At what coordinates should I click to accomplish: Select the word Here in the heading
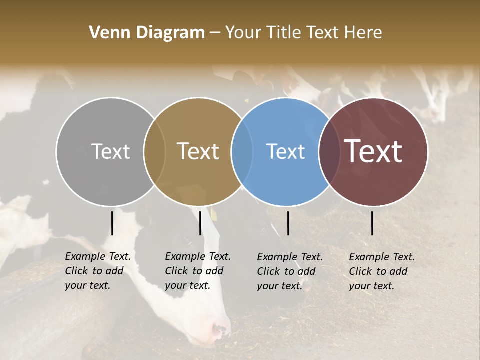point(364,33)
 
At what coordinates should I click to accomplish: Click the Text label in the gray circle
point(110,151)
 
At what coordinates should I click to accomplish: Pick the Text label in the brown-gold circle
point(198,151)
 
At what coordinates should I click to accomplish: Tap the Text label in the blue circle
point(285,151)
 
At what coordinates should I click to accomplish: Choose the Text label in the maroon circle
point(373,151)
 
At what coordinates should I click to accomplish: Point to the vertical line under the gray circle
point(112,223)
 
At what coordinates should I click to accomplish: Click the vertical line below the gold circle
point(200,223)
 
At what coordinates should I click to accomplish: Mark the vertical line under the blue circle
point(288,223)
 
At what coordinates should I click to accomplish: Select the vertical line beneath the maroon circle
point(372,223)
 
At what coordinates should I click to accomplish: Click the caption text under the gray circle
point(97,271)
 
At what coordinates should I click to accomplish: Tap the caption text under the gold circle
point(197,271)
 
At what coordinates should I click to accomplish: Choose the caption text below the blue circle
point(289,271)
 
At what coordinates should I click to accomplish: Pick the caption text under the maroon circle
point(381,271)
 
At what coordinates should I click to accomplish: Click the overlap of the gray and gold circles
point(154,151)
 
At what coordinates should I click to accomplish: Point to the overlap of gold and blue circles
point(242,151)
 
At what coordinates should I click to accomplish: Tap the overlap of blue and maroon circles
point(329,151)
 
